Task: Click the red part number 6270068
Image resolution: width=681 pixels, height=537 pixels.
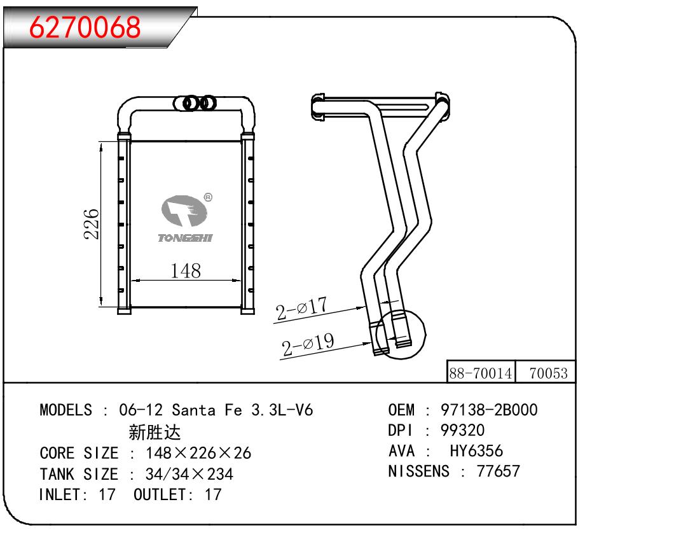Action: (x=85, y=27)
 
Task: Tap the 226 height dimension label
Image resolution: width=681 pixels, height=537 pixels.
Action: (x=91, y=224)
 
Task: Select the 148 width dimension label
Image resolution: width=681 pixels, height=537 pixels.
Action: (x=186, y=270)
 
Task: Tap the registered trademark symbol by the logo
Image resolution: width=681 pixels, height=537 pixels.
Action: (x=208, y=197)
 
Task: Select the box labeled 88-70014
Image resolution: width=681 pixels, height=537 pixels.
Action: (x=481, y=372)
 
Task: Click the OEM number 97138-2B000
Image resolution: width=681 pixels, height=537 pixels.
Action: (x=489, y=410)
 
